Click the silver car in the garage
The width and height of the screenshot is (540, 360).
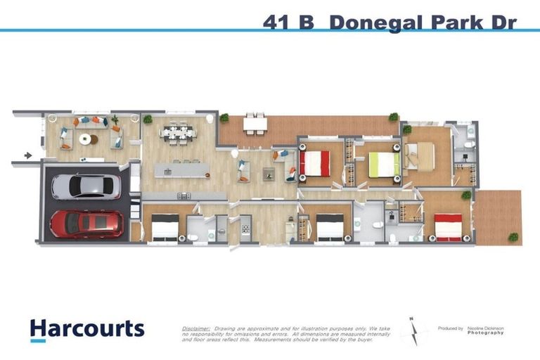point(85,186)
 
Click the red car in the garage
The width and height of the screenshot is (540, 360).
point(85,224)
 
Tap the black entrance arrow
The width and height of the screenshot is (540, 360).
point(27,155)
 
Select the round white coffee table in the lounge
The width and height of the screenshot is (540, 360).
point(85,139)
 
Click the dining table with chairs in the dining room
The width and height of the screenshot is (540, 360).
point(176,133)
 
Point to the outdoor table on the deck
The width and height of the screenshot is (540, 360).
point(255,124)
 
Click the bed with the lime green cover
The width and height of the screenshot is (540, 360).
point(385,165)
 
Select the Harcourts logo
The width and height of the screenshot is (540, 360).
point(86,329)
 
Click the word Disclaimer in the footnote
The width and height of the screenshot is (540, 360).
point(195,328)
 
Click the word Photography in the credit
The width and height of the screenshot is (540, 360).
point(487,333)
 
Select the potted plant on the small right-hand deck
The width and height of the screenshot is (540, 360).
point(513,237)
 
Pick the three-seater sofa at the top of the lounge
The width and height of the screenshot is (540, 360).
point(89,120)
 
